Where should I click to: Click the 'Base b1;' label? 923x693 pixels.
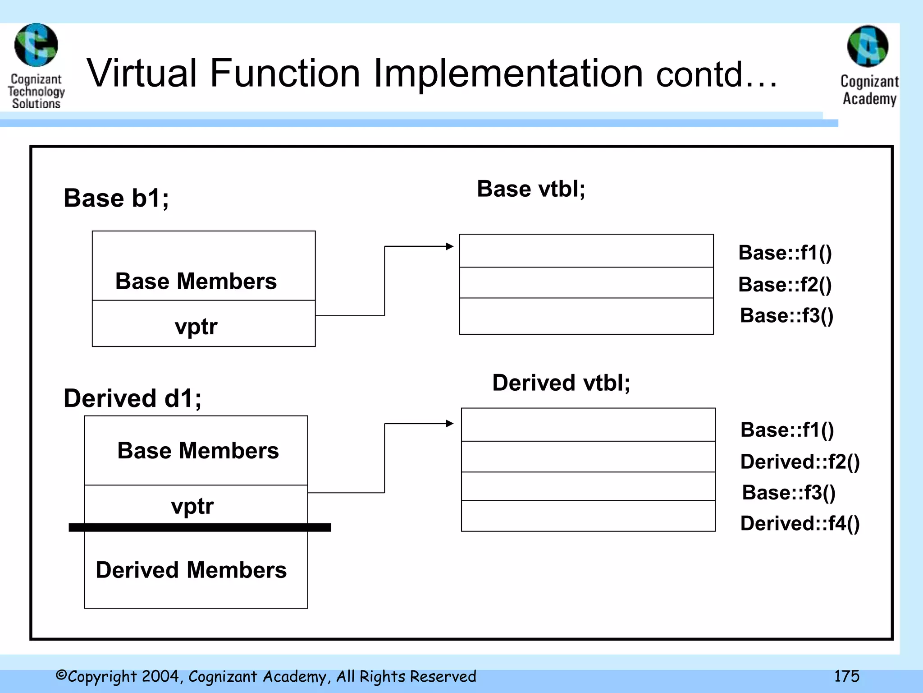click(116, 198)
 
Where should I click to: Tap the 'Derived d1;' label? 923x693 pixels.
click(133, 398)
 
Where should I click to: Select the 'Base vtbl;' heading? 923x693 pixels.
click(531, 189)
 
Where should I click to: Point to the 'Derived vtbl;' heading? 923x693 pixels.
click(561, 383)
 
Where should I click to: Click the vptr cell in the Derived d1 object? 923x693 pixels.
click(196, 505)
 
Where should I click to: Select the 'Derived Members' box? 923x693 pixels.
click(196, 570)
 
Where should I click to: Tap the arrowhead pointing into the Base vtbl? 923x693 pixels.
click(449, 246)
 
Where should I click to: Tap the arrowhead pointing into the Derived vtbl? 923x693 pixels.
click(449, 423)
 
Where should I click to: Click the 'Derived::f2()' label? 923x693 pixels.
click(800, 462)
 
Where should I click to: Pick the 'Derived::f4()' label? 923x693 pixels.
click(800, 523)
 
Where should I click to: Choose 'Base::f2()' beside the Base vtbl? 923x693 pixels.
click(785, 285)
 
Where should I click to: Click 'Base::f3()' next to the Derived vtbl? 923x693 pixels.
click(789, 492)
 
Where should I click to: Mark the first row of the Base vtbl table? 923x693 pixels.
click(586, 251)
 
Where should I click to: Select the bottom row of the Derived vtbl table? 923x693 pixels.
click(588, 516)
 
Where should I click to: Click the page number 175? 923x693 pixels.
click(846, 676)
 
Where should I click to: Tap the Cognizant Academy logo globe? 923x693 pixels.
click(868, 46)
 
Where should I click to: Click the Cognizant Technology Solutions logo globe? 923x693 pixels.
click(36, 45)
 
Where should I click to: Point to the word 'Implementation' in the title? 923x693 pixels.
click(508, 73)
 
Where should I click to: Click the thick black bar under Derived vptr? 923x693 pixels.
click(200, 527)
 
